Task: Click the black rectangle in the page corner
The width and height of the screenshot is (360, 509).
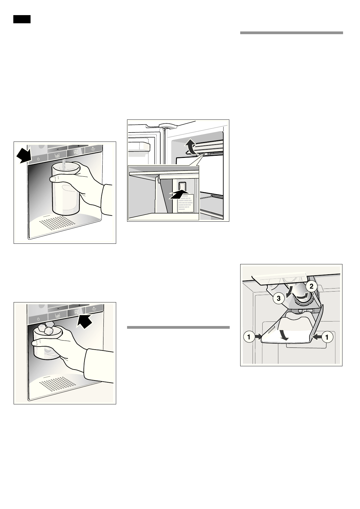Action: [x=22, y=19]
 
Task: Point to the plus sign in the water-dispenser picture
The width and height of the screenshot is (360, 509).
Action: [x=78, y=146]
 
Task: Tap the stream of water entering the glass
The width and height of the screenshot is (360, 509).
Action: [x=63, y=165]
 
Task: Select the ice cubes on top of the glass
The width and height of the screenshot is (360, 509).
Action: [x=47, y=328]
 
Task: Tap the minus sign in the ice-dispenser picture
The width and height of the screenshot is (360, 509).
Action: [x=57, y=308]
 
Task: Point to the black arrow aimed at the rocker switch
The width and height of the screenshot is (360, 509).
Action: [x=179, y=194]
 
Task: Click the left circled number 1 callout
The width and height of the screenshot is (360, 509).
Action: [x=249, y=337]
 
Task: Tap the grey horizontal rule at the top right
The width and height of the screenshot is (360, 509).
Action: [x=292, y=33]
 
